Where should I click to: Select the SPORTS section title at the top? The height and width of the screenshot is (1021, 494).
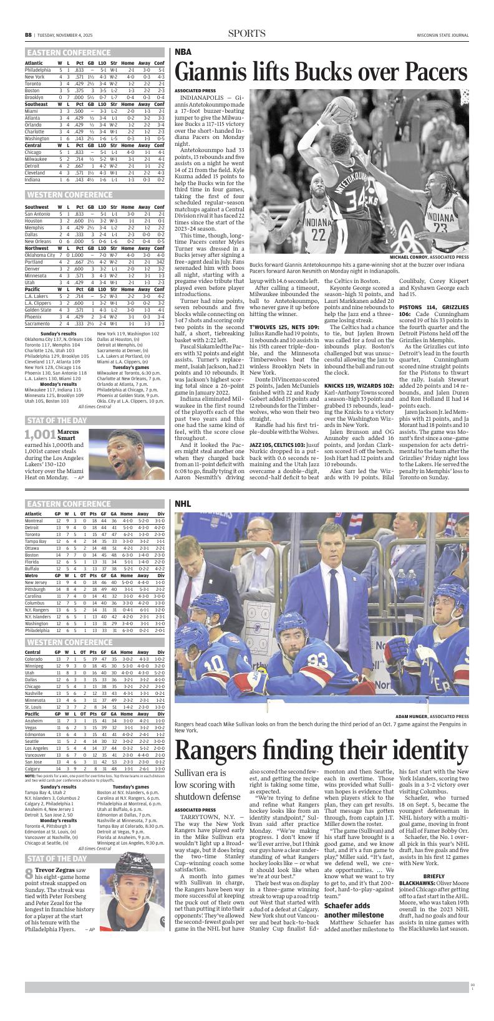(246, 34)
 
